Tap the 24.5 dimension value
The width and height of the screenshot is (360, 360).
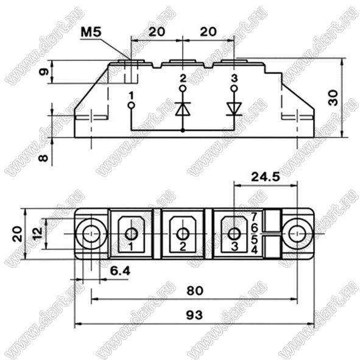click(266, 177)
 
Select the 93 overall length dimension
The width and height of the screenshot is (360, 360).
click(194, 315)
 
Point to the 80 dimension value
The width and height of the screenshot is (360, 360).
click(195, 291)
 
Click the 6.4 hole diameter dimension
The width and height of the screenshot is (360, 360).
click(120, 271)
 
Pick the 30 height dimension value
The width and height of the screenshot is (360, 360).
click(333, 97)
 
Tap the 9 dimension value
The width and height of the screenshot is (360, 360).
click(44, 72)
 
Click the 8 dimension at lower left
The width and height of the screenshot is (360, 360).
click(43, 158)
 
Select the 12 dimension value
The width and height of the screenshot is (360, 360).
click(37, 233)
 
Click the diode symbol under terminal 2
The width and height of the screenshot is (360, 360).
click(183, 109)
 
